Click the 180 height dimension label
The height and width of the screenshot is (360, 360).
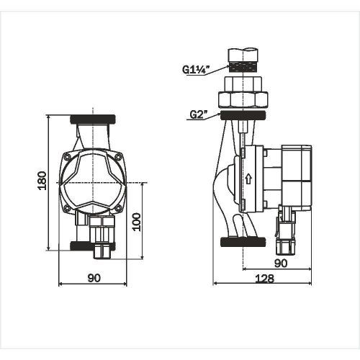42,181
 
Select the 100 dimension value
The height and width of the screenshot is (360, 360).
137,222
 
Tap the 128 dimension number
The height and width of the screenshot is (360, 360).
264,279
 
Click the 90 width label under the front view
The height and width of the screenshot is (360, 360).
94,278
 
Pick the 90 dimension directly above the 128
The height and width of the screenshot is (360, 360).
281,264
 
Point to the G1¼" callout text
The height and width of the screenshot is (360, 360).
196,70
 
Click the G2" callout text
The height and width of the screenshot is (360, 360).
198,114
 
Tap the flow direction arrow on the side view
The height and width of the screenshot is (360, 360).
248,179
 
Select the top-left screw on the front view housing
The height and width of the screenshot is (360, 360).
67,157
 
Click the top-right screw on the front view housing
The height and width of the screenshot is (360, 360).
118,157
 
